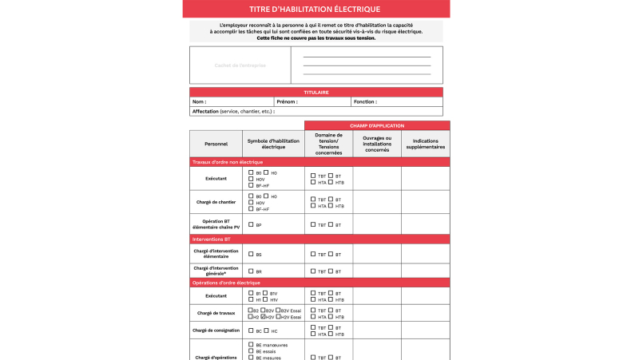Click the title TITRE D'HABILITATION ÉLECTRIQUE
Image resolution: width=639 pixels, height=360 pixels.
pos(315,9)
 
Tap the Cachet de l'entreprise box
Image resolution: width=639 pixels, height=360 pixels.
pos(240,65)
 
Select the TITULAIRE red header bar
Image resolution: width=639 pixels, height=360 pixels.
pos(316,92)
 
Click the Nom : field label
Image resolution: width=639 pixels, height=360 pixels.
pos(200,102)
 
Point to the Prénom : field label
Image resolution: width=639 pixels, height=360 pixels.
pos(287,102)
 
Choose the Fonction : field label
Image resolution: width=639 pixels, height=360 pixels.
pos(365,102)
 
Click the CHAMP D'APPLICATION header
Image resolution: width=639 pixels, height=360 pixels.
pos(377,125)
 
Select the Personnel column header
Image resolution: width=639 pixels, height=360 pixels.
pos(216,144)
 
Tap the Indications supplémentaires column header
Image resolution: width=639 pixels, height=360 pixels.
pos(425,144)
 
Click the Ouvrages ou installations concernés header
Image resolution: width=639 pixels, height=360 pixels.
pos(377,144)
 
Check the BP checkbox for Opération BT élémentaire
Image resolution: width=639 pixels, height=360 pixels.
pos(251,224)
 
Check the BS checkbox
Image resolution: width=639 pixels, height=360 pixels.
pos(251,254)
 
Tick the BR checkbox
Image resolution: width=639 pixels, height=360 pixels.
pos(251,271)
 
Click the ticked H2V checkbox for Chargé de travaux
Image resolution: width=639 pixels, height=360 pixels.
pos(264,316)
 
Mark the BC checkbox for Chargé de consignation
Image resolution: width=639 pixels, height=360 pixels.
pos(251,330)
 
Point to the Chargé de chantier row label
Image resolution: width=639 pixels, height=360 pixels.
pos(216,202)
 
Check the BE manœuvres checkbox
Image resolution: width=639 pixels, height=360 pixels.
pos(251,344)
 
